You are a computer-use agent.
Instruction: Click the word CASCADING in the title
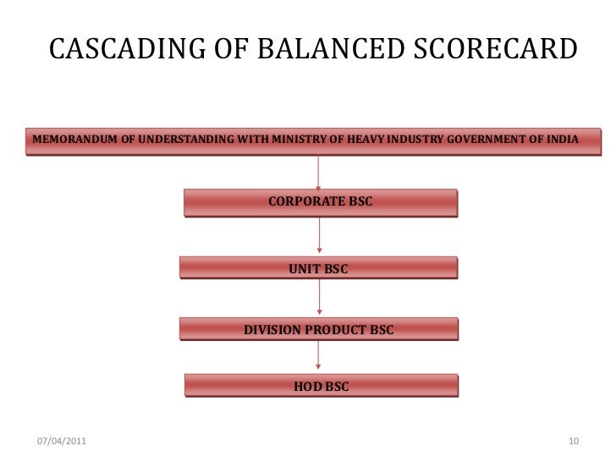click(x=119, y=51)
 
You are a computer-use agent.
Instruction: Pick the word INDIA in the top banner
click(x=564, y=139)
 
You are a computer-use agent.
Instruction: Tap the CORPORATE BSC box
click(x=319, y=202)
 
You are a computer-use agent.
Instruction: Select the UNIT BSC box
click(x=318, y=268)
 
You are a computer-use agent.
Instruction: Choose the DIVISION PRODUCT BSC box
click(x=318, y=329)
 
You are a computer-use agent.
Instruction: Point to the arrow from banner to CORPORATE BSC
click(x=318, y=172)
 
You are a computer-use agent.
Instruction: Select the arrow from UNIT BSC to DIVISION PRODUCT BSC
click(x=318, y=298)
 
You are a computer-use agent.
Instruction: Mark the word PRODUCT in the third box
click(x=335, y=329)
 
